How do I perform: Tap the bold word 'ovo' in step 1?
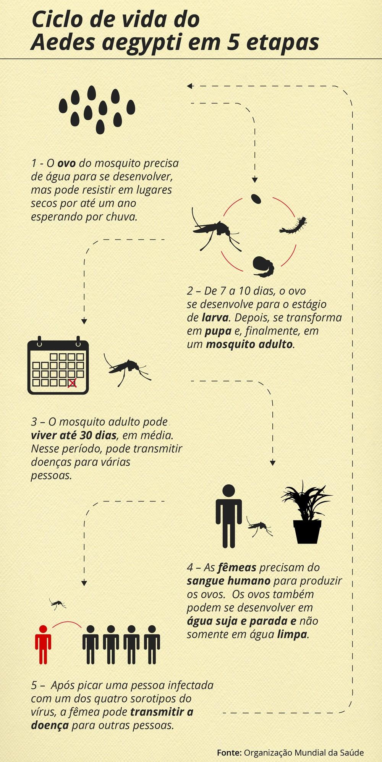tap(66, 163)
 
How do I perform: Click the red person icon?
tap(43, 644)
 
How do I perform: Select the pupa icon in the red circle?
tap(263, 266)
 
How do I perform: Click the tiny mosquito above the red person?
tap(58, 604)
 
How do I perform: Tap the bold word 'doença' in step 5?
tap(50, 725)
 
